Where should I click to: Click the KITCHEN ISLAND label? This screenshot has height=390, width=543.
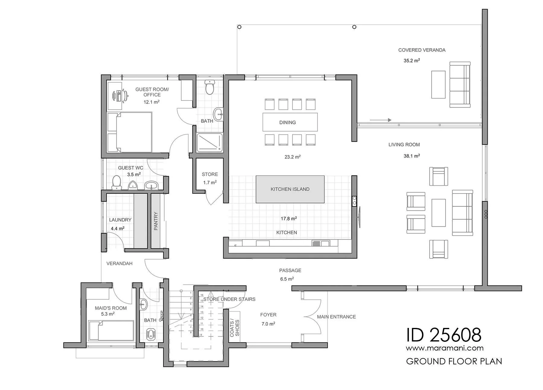pyautogui.click(x=290, y=189)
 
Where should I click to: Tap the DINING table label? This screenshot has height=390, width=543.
pyautogui.click(x=287, y=122)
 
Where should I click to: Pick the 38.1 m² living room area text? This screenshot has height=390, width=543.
pyautogui.click(x=412, y=156)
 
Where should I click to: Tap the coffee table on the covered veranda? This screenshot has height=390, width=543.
pyautogui.click(x=438, y=85)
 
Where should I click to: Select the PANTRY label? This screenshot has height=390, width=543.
pyautogui.click(x=156, y=221)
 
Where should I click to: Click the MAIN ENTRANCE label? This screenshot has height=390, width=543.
pyautogui.click(x=336, y=317)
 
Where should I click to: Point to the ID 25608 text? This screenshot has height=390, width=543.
pyautogui.click(x=443, y=335)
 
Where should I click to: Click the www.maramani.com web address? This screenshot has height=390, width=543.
pyautogui.click(x=445, y=348)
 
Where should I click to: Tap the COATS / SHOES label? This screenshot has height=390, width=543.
pyautogui.click(x=234, y=328)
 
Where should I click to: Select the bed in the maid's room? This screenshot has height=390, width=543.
pyautogui.click(x=111, y=331)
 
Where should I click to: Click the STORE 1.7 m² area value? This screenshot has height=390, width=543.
pyautogui.click(x=210, y=182)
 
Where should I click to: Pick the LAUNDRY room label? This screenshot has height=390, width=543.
pyautogui.click(x=120, y=220)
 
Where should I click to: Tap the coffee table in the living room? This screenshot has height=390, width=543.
pyautogui.click(x=439, y=213)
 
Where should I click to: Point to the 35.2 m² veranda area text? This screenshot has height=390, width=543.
pyautogui.click(x=412, y=61)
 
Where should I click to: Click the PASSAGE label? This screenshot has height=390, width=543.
pyautogui.click(x=290, y=271)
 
